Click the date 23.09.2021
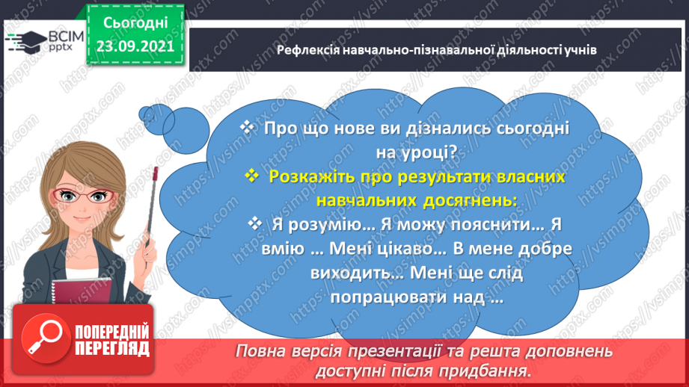tap(135, 44)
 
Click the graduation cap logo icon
tap(23, 40)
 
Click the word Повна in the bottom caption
tap(261, 350)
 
